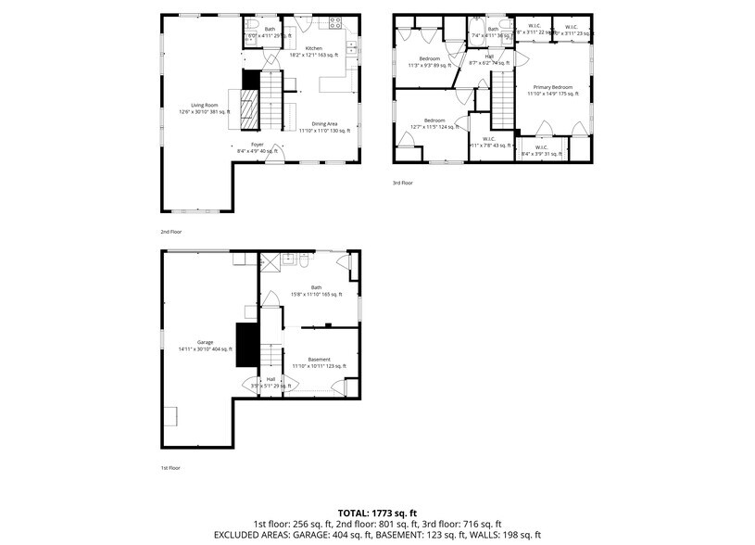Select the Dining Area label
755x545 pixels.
pos(324,127)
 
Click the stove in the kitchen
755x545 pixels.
pos(336,21)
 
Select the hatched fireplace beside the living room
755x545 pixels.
pos(250,112)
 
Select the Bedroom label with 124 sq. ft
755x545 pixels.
pos(434,123)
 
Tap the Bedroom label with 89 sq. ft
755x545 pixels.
pos(430,62)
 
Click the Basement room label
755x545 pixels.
pos(319,362)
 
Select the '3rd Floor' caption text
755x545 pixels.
pos(402,183)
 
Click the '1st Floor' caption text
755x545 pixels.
pos(170,468)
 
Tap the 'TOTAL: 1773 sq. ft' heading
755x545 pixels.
pos(377,512)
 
